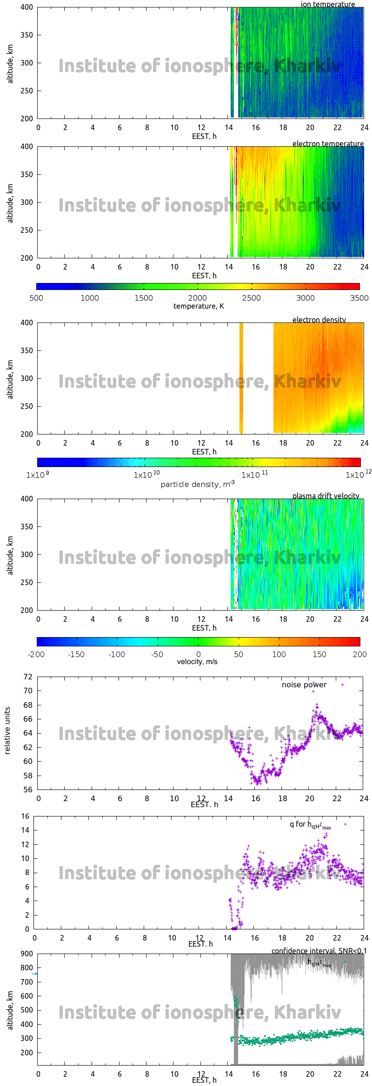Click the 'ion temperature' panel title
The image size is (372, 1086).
pos(327,4)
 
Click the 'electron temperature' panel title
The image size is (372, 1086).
pos(328,144)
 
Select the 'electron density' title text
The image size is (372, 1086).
pos(319,320)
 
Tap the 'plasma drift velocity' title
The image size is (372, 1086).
pos(325,496)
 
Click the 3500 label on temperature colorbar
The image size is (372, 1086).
pos(359,298)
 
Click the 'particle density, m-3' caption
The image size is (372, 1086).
pos(198,484)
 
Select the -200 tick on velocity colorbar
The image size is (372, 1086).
pos(36,654)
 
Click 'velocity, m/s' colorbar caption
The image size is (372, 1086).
pos(197,662)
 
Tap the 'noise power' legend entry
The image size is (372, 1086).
pos(304,685)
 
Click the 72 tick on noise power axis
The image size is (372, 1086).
pos(28,677)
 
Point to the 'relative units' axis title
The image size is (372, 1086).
pos(7,731)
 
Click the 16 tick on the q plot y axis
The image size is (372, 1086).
pos(25,816)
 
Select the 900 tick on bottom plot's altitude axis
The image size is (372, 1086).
pos(27,954)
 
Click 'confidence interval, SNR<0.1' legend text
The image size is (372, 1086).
pos(319,951)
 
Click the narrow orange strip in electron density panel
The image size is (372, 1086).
pos(241,378)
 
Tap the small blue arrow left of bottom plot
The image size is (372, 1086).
pos(35,974)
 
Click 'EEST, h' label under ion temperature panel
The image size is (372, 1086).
pos(204,136)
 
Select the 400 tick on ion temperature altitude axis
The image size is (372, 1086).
pos(27,7)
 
